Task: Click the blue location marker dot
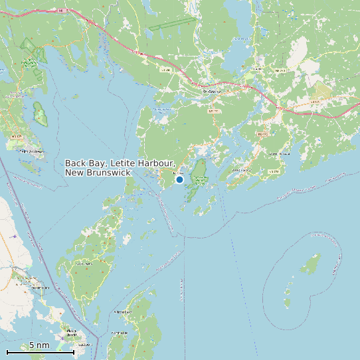[179, 179]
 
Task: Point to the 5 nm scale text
[39, 345]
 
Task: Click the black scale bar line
[40, 352]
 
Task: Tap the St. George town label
[211, 92]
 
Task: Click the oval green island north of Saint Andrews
[41, 114]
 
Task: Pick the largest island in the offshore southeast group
[310, 264]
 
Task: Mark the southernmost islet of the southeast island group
[287, 304]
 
